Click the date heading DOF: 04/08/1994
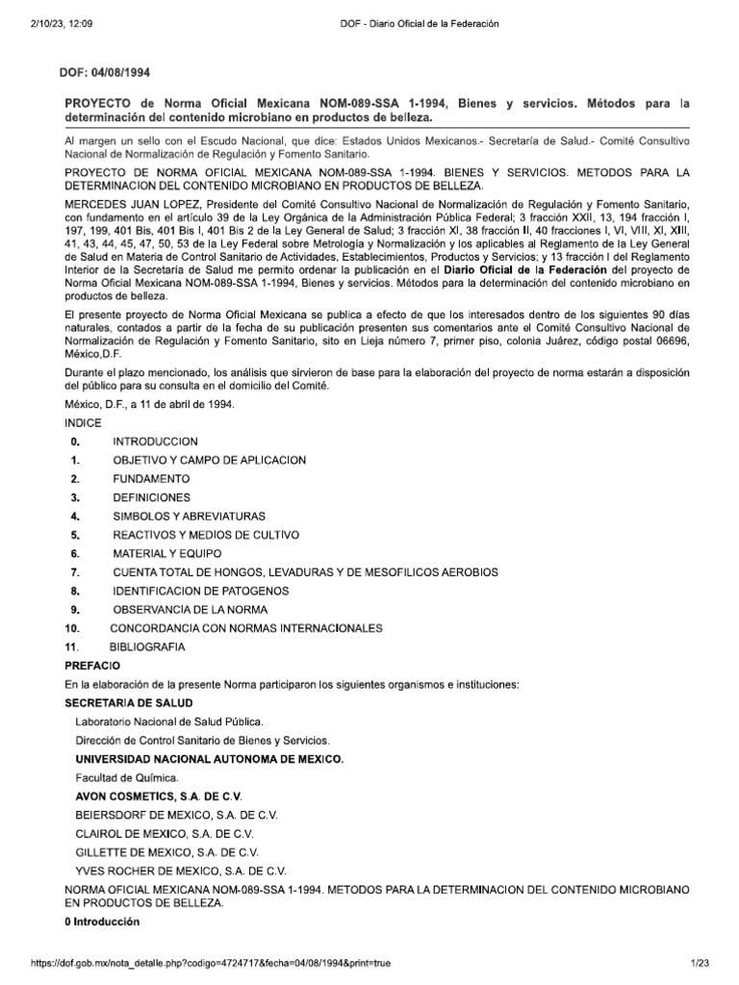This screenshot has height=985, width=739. click(107, 72)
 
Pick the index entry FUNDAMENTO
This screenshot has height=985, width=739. click(151, 478)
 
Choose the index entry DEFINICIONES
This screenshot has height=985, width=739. click(151, 497)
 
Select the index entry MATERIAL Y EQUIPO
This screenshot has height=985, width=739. click(166, 554)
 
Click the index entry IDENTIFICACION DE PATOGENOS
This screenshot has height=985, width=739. click(201, 591)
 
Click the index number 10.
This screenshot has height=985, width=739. click(71, 628)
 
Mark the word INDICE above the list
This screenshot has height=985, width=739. click(82, 422)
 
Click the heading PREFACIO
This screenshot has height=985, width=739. click(92, 665)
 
